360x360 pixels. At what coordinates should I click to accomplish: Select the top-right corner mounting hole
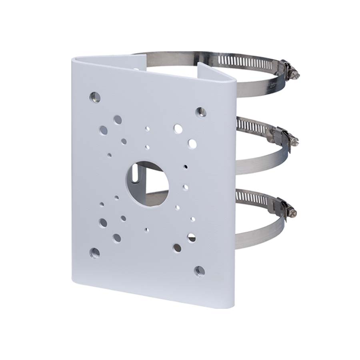point(201,112)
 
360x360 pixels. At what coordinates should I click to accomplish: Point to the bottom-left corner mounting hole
point(95,252)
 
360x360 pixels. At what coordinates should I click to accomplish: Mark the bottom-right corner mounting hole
point(200,272)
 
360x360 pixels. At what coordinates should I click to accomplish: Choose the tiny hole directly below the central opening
point(147,230)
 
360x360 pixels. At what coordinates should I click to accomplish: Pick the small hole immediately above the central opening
point(148,147)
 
